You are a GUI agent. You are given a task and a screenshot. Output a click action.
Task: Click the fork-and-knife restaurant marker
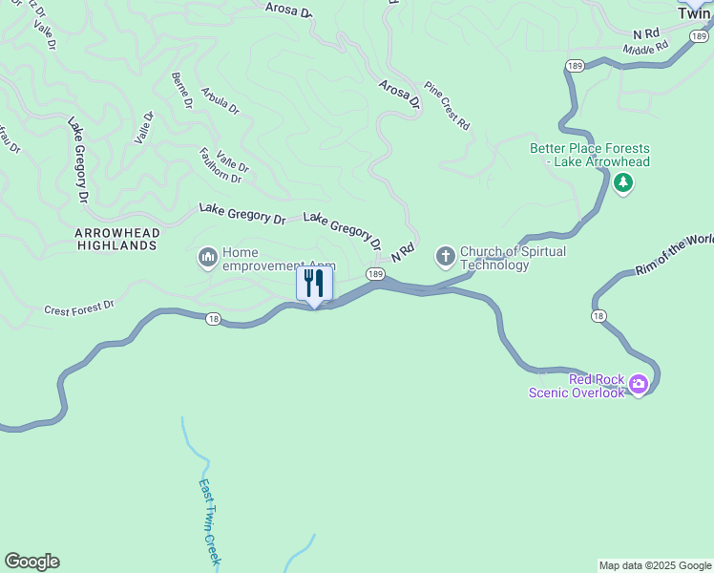(x=314, y=284)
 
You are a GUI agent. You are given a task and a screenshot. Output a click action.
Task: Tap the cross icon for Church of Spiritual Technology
(x=445, y=257)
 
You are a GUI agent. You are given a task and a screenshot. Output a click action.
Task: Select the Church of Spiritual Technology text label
(x=513, y=258)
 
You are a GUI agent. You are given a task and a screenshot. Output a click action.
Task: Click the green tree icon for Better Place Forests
(x=623, y=182)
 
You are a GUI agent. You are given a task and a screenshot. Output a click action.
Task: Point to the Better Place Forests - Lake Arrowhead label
(x=590, y=155)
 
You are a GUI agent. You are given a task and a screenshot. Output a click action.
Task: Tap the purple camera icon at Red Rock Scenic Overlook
(x=638, y=385)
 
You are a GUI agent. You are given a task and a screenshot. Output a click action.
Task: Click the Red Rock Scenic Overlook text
(x=577, y=385)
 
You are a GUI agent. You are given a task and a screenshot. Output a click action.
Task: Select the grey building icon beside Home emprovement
(x=207, y=258)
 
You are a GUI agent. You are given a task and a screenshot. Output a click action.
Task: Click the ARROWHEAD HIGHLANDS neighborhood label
(x=117, y=239)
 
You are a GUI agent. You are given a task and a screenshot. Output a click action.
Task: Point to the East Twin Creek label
(x=209, y=521)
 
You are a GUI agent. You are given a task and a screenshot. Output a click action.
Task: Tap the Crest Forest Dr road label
(x=79, y=308)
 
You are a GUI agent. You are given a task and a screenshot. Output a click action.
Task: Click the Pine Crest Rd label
(x=447, y=105)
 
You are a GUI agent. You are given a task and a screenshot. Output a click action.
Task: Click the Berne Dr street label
(x=181, y=92)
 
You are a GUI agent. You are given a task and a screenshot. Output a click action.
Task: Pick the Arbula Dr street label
(x=220, y=101)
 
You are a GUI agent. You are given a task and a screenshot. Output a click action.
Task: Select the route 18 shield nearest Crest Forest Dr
(x=213, y=320)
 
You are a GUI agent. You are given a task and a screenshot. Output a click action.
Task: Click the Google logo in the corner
(x=31, y=562)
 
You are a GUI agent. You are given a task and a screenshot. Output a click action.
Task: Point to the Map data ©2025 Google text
(x=655, y=565)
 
